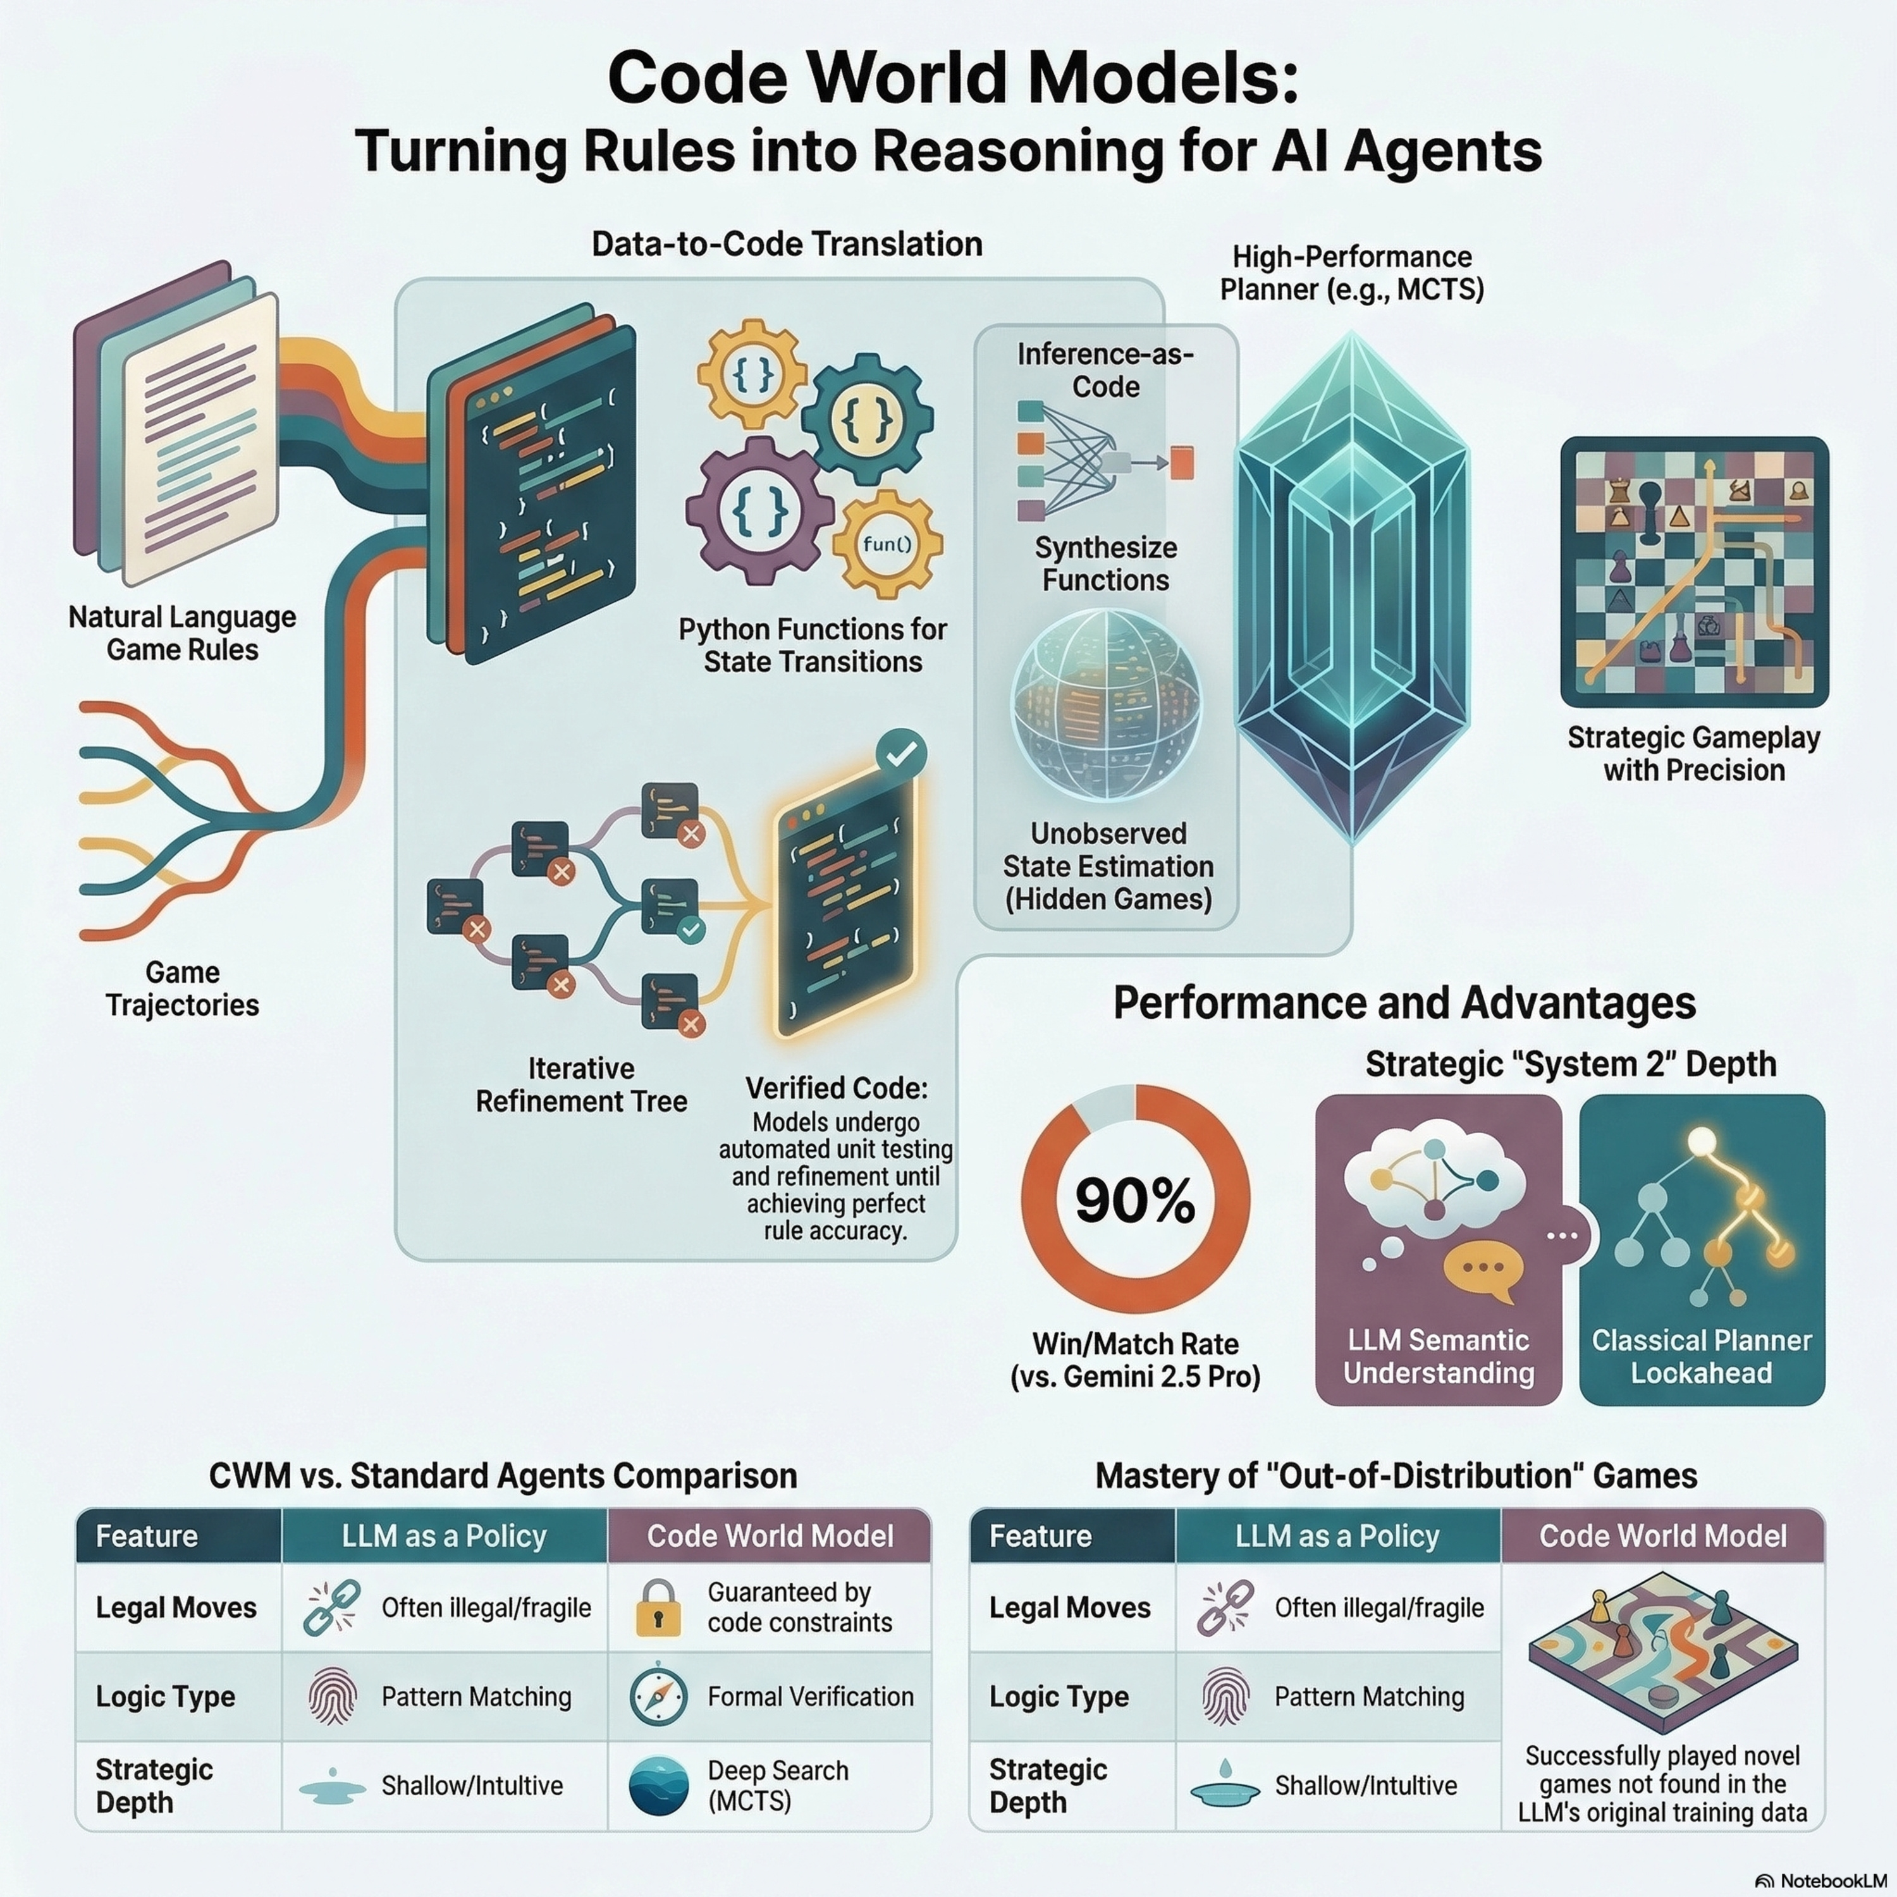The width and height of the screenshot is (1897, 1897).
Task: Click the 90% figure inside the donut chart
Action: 1135,1200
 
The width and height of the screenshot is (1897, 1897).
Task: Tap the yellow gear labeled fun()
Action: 887,544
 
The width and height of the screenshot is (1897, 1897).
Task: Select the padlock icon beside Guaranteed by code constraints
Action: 658,1607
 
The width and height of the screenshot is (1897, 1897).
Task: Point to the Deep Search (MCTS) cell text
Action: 778,1785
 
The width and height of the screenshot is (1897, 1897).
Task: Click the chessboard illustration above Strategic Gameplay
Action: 1694,572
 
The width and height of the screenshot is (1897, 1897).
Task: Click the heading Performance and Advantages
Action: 1404,1004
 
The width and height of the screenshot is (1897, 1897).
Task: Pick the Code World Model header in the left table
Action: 770,1537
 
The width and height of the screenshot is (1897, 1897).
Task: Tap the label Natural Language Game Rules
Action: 183,634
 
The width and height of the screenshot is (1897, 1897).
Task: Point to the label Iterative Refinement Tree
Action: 581,1085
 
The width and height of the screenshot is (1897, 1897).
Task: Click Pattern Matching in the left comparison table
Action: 476,1697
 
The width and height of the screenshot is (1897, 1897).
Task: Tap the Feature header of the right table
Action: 1040,1537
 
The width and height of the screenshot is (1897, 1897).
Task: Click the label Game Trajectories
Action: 183,989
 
